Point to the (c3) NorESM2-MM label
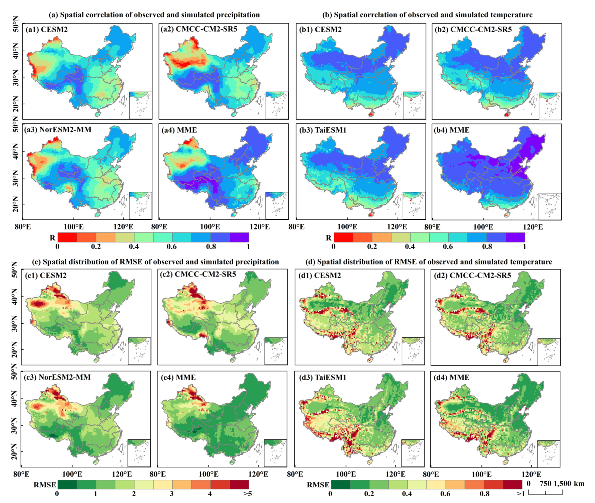(57, 377)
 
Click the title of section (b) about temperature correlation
(427, 15)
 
